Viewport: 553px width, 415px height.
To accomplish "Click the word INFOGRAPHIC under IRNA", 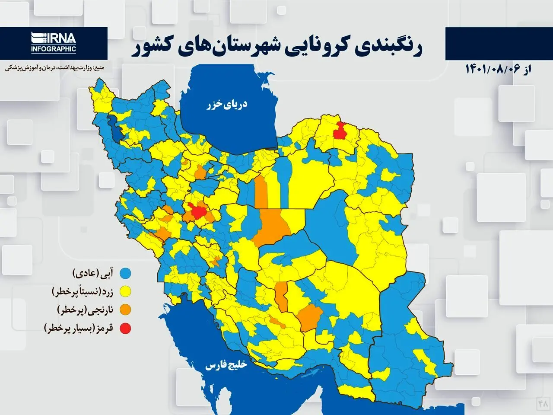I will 53,49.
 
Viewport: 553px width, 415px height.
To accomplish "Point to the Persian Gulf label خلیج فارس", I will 226,365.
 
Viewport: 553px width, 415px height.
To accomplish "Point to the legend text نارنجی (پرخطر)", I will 85,310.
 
